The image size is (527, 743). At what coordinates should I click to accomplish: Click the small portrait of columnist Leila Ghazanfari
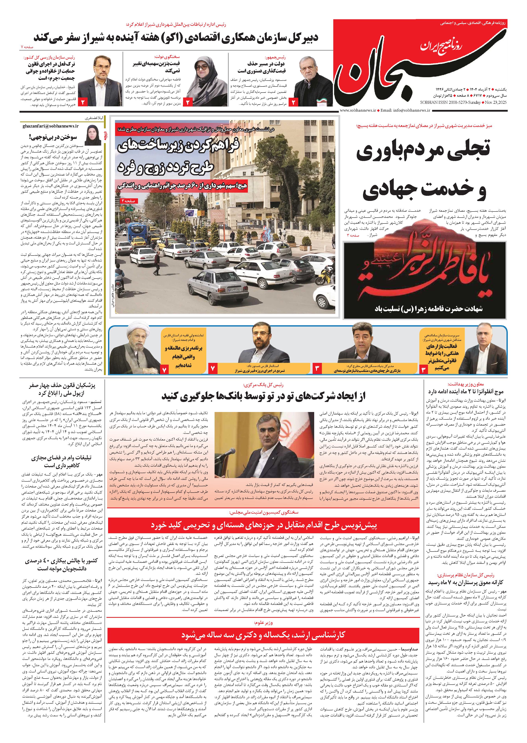click(93, 135)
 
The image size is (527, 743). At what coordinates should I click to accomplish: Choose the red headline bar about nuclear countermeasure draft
click(263, 525)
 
